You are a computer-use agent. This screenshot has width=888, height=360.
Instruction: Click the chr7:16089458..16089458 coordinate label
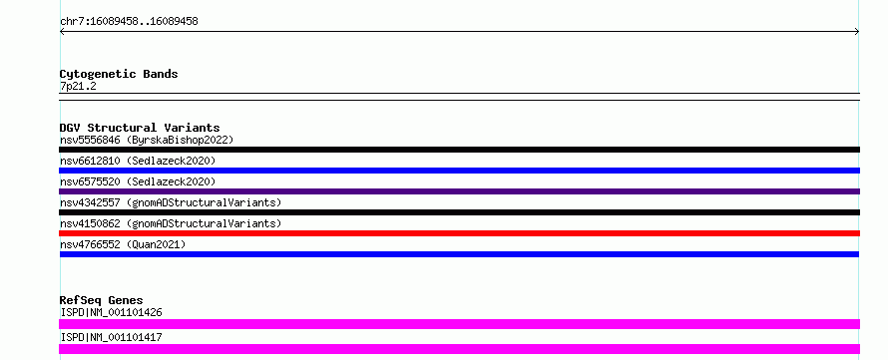(x=129, y=22)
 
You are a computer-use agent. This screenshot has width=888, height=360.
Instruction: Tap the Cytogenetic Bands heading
(x=119, y=74)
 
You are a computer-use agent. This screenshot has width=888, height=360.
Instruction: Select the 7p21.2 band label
(x=78, y=86)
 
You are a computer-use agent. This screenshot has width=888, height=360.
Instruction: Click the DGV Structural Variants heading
(x=140, y=128)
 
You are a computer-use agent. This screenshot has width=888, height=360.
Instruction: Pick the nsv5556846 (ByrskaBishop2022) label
(x=147, y=140)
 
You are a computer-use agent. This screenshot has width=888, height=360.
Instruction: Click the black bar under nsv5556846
(x=459, y=150)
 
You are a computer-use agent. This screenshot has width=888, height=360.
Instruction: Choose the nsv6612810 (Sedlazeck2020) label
(x=138, y=161)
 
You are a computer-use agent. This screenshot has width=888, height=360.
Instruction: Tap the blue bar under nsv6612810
(x=459, y=171)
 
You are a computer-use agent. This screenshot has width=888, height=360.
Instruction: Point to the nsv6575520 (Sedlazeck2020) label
(x=138, y=181)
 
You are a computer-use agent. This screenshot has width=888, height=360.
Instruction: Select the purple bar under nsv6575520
(x=459, y=191)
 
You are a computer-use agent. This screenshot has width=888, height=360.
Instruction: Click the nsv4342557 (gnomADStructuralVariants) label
(x=171, y=202)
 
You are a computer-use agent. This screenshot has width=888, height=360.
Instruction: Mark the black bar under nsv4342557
(x=459, y=212)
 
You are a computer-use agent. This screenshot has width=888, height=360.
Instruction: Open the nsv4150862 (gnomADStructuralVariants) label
(x=171, y=223)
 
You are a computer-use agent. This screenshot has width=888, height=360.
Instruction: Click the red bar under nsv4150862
(x=459, y=233)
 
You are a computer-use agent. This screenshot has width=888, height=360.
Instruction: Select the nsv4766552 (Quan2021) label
(x=123, y=244)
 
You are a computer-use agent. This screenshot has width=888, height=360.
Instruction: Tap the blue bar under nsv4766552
(x=459, y=254)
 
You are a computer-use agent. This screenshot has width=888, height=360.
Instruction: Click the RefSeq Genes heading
(x=102, y=300)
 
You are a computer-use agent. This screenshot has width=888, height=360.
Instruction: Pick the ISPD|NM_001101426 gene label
(x=111, y=312)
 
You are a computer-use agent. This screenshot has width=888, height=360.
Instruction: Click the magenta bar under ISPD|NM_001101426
(x=459, y=324)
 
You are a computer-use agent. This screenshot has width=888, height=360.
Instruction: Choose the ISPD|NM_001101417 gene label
(x=111, y=337)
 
